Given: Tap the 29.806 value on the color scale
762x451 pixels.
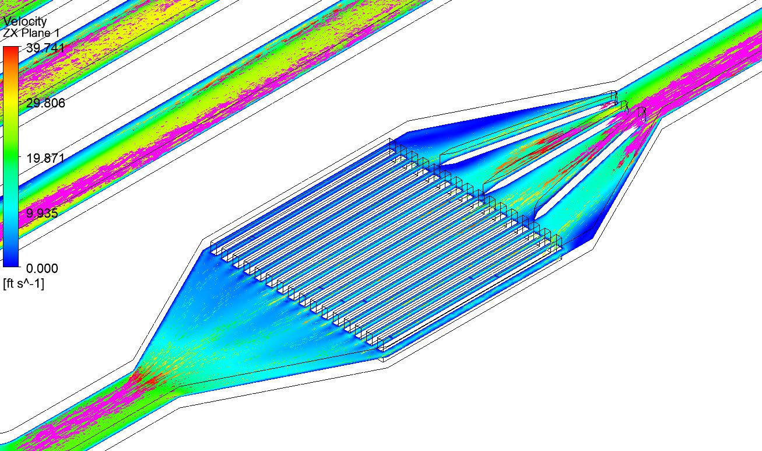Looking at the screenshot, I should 45,103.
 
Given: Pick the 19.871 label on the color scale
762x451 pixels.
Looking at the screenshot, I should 45,158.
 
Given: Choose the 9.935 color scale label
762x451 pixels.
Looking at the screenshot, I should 42,213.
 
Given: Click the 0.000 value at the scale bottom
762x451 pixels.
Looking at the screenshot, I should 42,268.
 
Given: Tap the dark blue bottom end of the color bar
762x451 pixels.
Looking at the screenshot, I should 10,261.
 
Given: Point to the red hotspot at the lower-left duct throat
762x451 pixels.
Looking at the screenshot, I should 146,379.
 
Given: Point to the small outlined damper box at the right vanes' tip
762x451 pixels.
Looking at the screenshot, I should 642,114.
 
